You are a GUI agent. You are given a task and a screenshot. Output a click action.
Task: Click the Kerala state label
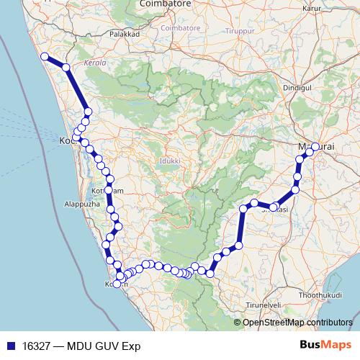tap(95, 63)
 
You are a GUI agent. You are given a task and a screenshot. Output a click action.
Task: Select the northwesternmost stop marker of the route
tap(45, 56)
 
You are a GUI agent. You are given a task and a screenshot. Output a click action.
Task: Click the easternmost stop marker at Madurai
tap(315, 147)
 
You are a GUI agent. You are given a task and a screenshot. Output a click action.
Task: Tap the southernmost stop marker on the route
tap(117, 284)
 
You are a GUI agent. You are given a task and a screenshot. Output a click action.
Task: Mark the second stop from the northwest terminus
tap(66, 68)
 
